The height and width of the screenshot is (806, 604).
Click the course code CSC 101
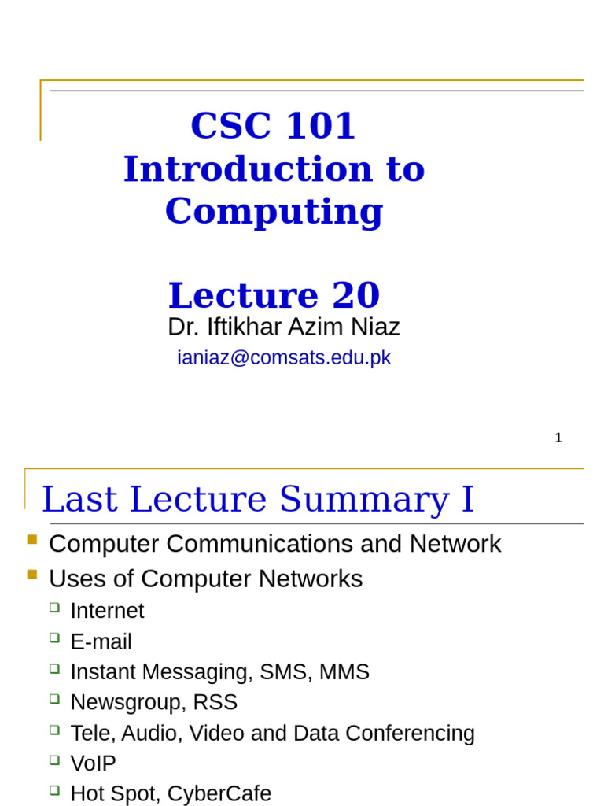(x=273, y=126)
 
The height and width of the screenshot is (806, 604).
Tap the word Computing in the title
(x=274, y=211)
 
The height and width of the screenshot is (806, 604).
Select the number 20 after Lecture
(x=355, y=296)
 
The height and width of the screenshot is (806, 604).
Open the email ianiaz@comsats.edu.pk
(x=284, y=357)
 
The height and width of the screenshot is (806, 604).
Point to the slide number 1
(x=558, y=438)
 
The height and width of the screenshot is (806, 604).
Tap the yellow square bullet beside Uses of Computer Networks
(x=32, y=575)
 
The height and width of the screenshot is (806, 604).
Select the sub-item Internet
(x=107, y=611)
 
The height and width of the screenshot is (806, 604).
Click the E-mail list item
(x=101, y=641)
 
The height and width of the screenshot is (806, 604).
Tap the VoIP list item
(x=93, y=763)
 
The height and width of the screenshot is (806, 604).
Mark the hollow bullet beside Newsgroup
(x=54, y=698)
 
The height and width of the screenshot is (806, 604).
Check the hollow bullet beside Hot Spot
(x=54, y=789)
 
